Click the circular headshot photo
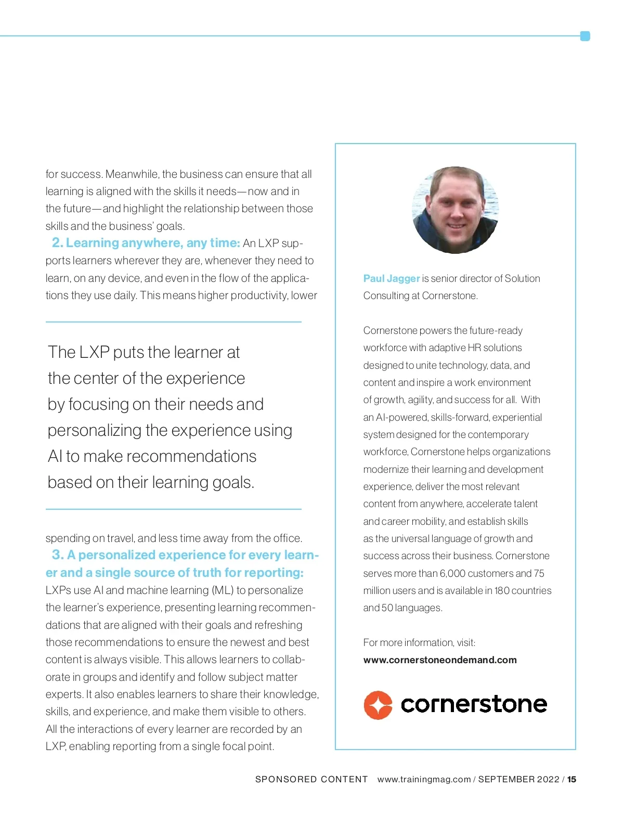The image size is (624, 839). pos(456,210)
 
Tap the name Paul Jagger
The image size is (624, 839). pos(391,278)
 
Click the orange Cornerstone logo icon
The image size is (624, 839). pos(378,705)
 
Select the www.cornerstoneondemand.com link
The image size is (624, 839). pos(440,660)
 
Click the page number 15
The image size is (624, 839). pos(571,779)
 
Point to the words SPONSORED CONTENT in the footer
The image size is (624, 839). pos(311,779)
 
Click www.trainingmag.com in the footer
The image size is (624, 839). pos(424,779)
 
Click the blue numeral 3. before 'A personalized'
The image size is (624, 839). pos(58,555)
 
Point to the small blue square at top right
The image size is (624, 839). pos(585,36)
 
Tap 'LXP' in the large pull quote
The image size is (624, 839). pos(94,352)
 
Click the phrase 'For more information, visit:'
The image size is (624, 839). pos(419,642)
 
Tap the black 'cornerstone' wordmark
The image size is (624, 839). pos(474,704)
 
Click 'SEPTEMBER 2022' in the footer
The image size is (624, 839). pos(518,779)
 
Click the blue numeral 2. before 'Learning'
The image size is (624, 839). pos(57,243)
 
